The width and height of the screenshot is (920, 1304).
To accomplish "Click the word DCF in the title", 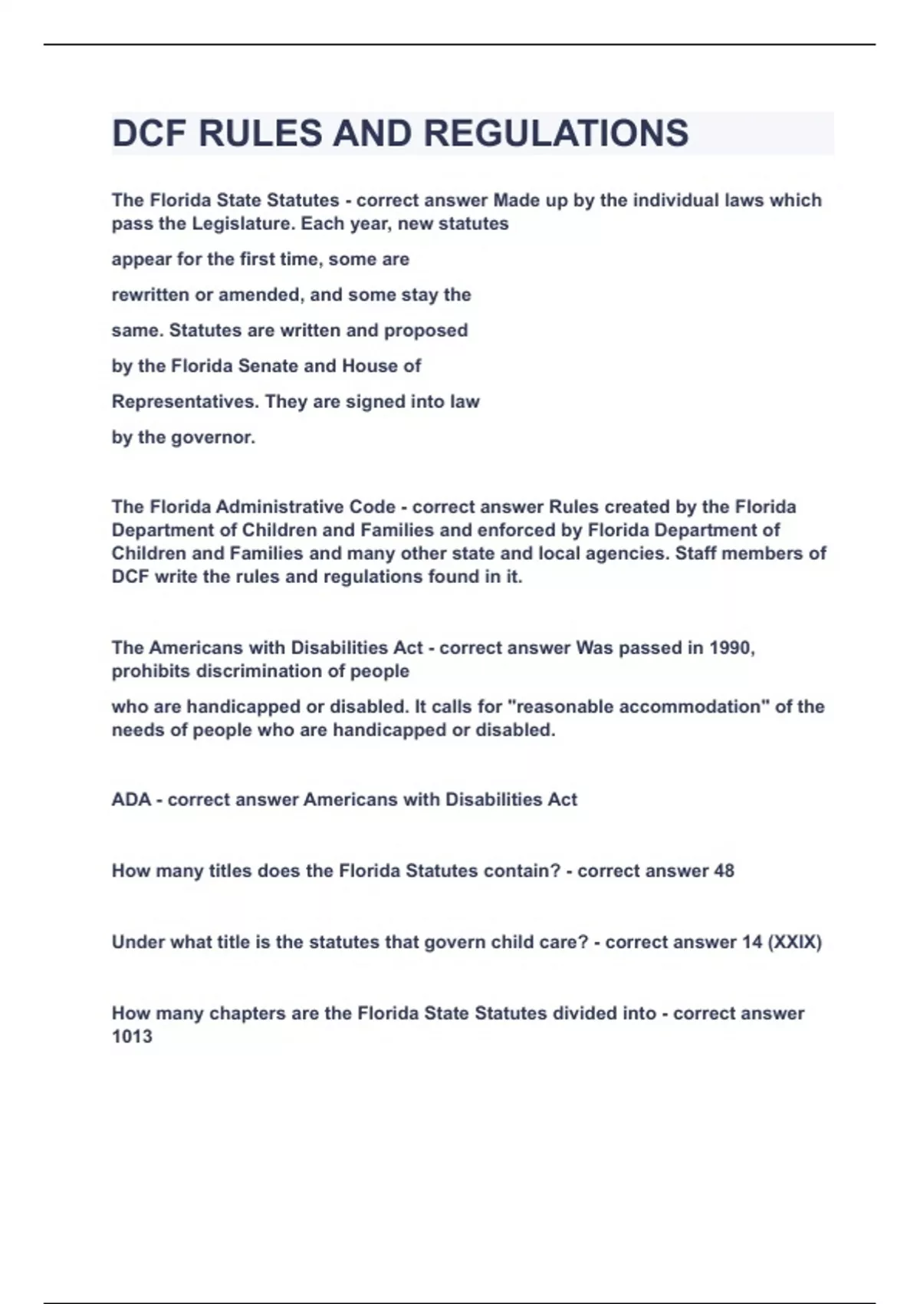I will (149, 133).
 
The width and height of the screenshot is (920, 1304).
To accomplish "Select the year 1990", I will (731, 648).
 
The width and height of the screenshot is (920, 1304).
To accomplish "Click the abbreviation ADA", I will (131, 800).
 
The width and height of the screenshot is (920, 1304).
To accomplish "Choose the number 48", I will (724, 871).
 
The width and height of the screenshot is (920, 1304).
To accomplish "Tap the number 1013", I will (132, 1037).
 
